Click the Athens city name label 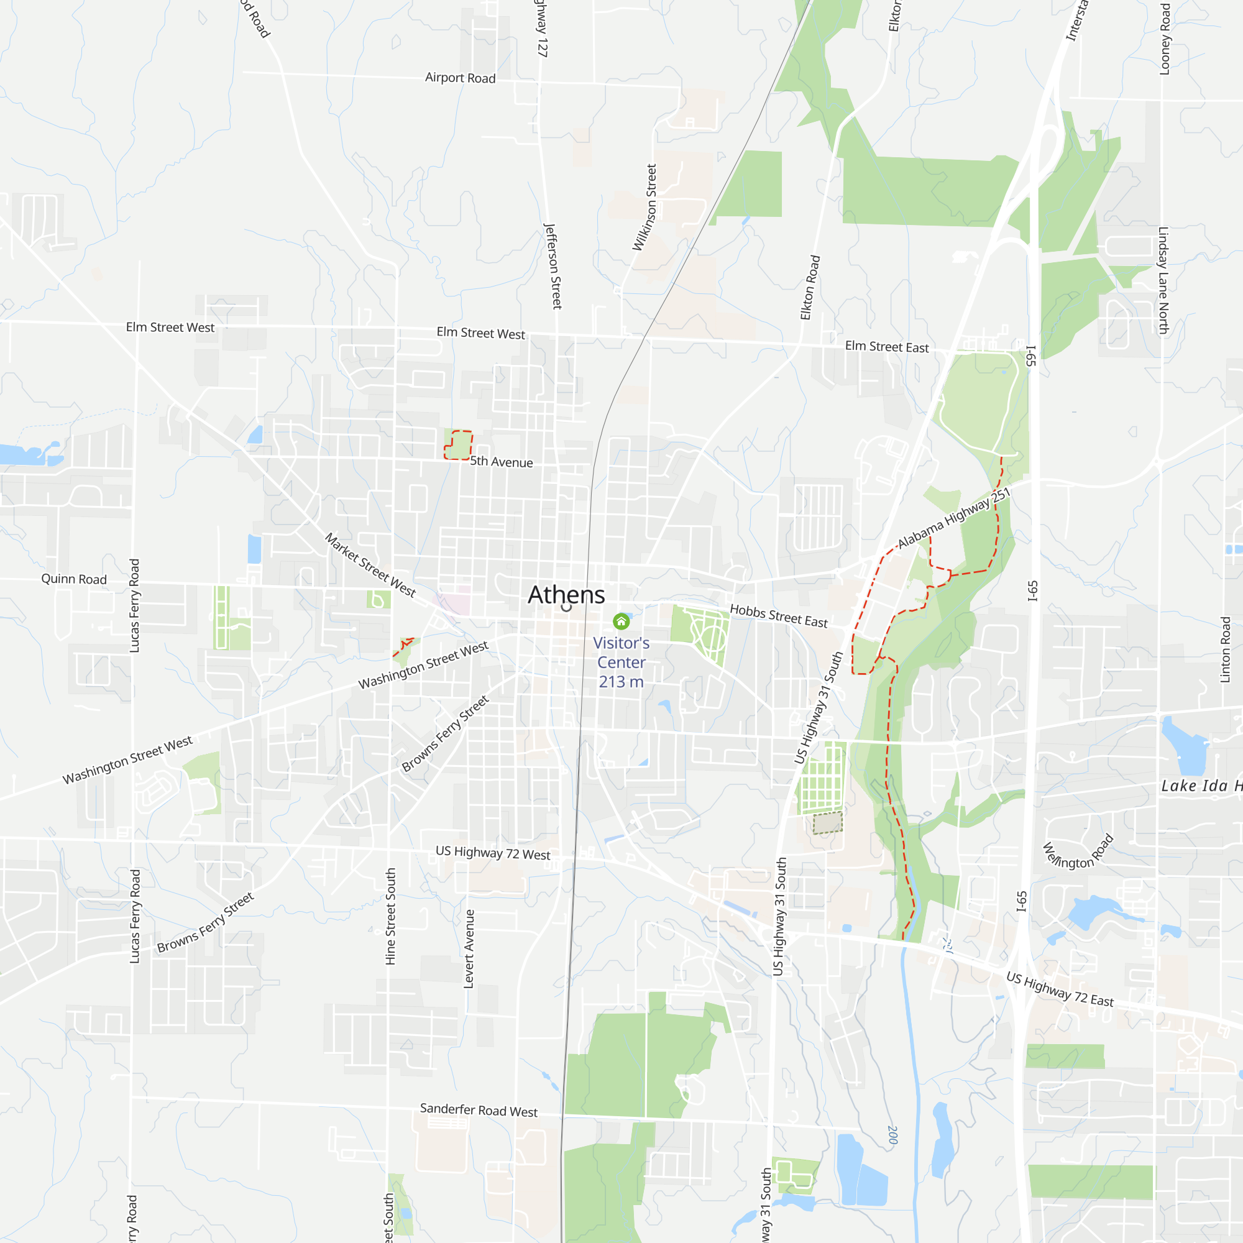[566, 595]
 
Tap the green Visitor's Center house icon [621, 621]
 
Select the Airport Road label [460, 78]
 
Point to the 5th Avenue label [501, 462]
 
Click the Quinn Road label [74, 579]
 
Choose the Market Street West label [370, 565]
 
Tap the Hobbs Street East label [779, 616]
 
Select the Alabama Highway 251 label [953, 518]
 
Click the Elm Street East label [887, 347]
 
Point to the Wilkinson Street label [644, 207]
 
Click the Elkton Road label [810, 288]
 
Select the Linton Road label [1226, 650]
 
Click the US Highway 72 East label [1060, 989]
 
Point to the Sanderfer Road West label [479, 1110]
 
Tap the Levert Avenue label [469, 949]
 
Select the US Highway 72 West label [493, 853]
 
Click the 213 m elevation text [621, 682]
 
